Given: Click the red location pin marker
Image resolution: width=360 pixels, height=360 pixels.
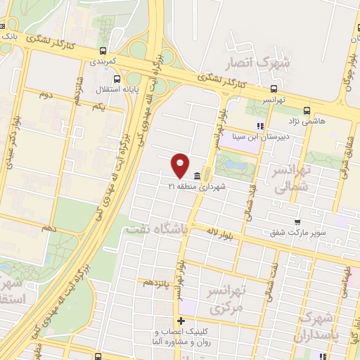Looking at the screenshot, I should click(x=181, y=165).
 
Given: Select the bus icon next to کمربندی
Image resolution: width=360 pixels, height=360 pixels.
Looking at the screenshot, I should click(x=103, y=51).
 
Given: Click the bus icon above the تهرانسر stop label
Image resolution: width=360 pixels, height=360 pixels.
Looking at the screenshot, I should click(x=274, y=89).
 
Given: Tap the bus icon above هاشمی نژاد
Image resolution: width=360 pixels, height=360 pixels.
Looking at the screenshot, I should click(x=307, y=110).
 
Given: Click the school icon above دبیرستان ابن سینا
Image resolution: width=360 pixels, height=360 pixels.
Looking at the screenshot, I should click(x=259, y=127).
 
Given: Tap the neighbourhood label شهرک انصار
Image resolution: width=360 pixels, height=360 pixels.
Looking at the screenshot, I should click(x=255, y=65).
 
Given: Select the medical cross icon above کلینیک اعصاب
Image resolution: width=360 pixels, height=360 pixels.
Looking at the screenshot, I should click(x=181, y=321).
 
